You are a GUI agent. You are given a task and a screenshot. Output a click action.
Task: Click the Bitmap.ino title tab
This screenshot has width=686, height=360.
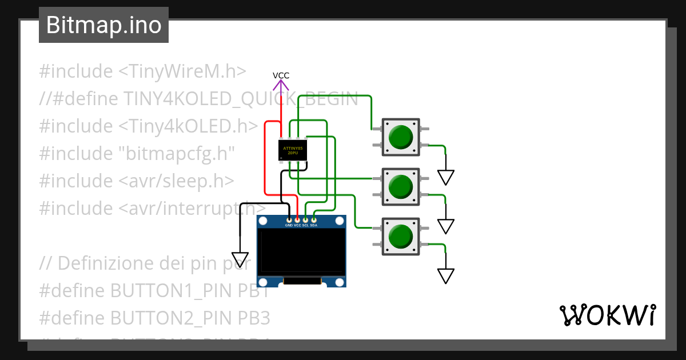[x=103, y=25]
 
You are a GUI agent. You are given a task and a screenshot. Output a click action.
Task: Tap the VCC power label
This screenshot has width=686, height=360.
[x=281, y=75]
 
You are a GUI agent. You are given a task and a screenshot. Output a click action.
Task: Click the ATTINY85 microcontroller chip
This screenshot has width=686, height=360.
[x=293, y=150]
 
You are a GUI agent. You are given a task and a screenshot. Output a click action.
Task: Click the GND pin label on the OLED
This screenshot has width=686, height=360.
[x=289, y=225]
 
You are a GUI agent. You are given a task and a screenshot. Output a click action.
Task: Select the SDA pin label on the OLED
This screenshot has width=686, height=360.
[x=314, y=225]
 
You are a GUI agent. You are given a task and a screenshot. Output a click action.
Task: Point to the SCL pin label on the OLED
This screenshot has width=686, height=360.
[x=306, y=225]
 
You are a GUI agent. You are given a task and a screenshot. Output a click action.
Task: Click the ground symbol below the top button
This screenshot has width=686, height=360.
[x=446, y=177]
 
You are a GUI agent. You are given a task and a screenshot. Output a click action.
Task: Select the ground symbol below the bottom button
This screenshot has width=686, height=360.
[x=446, y=276]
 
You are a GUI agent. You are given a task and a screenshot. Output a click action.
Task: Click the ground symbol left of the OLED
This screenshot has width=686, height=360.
[x=240, y=260]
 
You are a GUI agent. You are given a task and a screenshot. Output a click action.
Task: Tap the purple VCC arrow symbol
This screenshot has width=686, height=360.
[x=281, y=86]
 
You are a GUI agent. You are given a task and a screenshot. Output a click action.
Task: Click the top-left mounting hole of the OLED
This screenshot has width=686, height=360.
[x=263, y=221]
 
